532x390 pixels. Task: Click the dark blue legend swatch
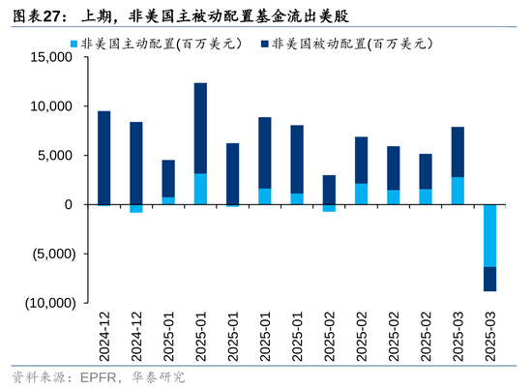coord(265,44)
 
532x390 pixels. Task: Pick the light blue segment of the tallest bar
coord(200,189)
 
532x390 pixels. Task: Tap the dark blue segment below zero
coord(489,279)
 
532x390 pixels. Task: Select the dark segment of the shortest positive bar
coord(329,190)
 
